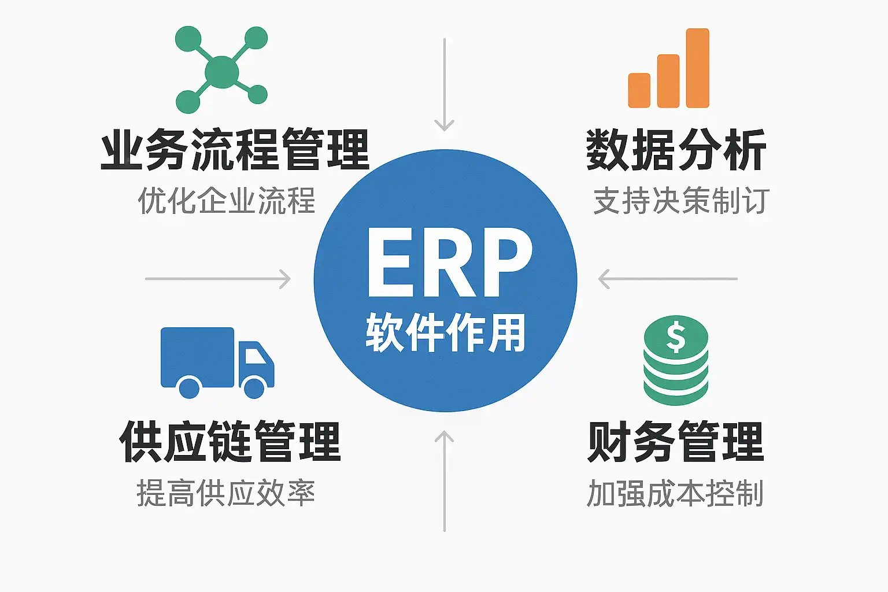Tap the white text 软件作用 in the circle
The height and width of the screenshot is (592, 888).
445,332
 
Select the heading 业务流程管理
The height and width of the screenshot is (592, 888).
235,150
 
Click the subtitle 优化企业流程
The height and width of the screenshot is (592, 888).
227,201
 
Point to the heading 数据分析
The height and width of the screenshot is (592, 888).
676,150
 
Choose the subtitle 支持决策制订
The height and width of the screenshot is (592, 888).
681,201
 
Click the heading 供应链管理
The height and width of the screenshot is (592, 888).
230,442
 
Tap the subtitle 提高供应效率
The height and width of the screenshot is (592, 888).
226,493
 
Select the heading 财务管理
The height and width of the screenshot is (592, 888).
676,442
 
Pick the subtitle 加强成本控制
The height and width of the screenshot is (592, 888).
675,493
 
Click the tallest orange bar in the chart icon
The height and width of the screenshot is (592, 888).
697,68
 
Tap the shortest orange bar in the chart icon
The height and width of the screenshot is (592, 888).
639,90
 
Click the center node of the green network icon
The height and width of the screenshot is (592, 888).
221,72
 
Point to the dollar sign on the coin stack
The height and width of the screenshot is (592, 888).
675,337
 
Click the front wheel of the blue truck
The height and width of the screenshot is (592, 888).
254,387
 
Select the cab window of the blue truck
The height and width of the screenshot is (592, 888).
255,356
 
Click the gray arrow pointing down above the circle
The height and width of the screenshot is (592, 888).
444,84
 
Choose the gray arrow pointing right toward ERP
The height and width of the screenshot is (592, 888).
218,279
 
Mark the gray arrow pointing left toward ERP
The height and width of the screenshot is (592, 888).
668,279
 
